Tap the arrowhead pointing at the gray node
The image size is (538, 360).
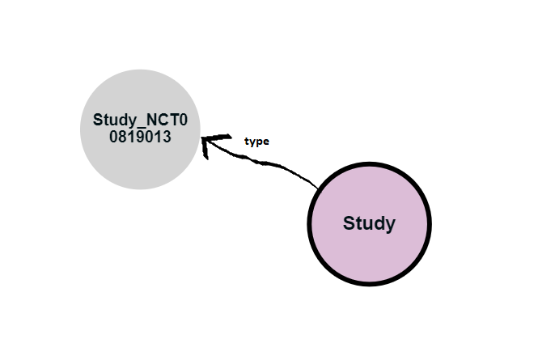[x=209, y=144]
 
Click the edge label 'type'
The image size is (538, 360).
[x=256, y=141]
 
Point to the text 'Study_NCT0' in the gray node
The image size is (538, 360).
[x=140, y=121]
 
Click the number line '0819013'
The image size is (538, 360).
[x=140, y=137]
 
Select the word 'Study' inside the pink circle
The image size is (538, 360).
[x=369, y=222]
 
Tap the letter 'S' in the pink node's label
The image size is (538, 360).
[x=349, y=222]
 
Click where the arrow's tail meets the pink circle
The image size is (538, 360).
[x=317, y=190]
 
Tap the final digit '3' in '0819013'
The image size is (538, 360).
[x=167, y=137]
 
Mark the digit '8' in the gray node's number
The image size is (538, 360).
[x=122, y=137]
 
